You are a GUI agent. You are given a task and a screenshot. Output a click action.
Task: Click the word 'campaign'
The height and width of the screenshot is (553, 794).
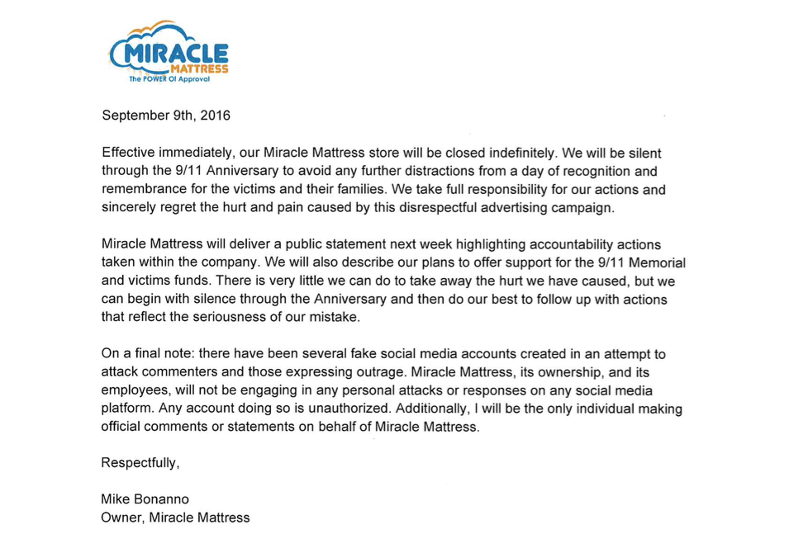583,208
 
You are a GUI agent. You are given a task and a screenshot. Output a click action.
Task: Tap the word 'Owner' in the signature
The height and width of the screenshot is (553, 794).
119,518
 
